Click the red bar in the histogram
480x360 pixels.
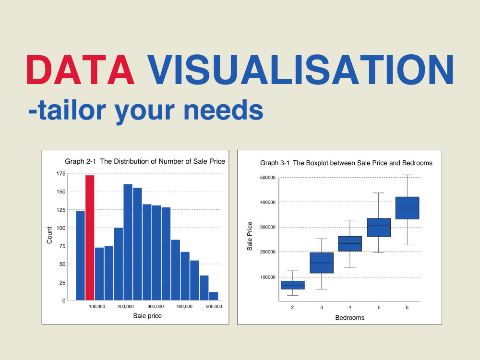click(90, 238)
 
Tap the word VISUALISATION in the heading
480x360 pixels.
click(300, 71)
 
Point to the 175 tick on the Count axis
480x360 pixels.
click(61, 174)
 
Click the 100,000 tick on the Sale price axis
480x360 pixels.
click(97, 306)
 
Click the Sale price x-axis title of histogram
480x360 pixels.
click(147, 316)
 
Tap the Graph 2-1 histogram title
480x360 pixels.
click(145, 161)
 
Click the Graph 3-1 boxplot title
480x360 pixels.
click(346, 163)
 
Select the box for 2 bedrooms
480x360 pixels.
click(292, 285)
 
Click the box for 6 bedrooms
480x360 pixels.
click(407, 208)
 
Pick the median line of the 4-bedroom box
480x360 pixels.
click(350, 244)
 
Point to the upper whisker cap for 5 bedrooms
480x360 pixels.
click(379, 193)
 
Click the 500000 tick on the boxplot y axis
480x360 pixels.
click(267, 178)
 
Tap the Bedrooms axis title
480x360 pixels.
click(349, 318)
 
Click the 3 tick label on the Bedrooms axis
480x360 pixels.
click(322, 307)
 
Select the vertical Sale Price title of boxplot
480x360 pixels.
click(250, 236)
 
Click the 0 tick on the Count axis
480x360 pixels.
click(64, 300)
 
